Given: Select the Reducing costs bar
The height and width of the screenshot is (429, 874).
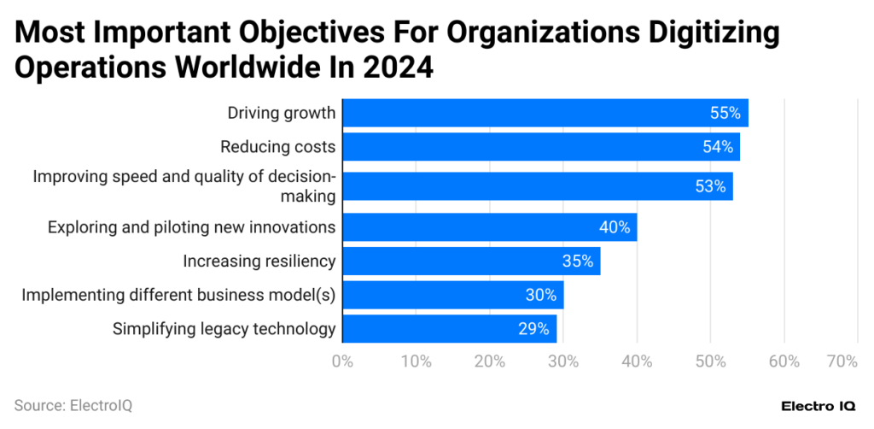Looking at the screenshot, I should tap(540, 147).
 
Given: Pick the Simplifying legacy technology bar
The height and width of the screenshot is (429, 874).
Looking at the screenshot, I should tap(449, 328).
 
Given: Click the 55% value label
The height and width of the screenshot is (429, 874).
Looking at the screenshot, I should tap(725, 113).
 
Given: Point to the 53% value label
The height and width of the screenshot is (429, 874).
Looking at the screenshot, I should tap(709, 186).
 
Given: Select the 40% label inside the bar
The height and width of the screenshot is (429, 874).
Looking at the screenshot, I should tap(614, 227).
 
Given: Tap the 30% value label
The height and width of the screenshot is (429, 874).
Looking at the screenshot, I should tap(540, 296).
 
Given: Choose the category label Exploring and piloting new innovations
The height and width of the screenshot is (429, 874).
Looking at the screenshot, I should tap(191, 227).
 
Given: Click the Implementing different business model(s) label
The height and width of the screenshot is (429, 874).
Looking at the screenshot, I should tap(178, 296).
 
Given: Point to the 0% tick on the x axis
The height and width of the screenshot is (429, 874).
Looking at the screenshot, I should tap(342, 361).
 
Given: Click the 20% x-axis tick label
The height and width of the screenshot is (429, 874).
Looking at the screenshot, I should tap(489, 361).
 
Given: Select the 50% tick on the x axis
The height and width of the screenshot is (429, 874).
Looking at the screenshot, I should tap(710, 361).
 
